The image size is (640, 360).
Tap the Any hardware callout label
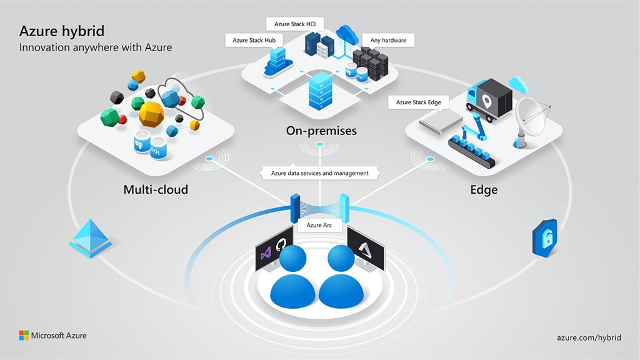click(x=388, y=41)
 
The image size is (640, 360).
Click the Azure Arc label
click(x=319, y=224)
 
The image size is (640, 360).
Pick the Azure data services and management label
click(x=319, y=173)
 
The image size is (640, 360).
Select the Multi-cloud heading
click(x=156, y=189)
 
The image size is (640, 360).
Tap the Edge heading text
click(x=484, y=189)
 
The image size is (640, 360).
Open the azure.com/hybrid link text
click(x=589, y=337)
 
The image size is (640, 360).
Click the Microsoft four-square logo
click(x=24, y=336)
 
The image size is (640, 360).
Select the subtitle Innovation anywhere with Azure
click(x=96, y=47)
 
